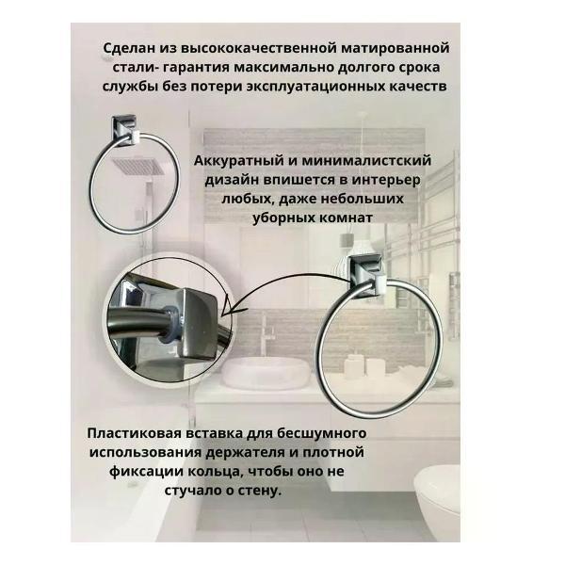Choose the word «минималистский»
[x=368, y=161]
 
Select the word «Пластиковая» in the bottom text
[x=137, y=433]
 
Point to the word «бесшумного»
[x=320, y=433]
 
